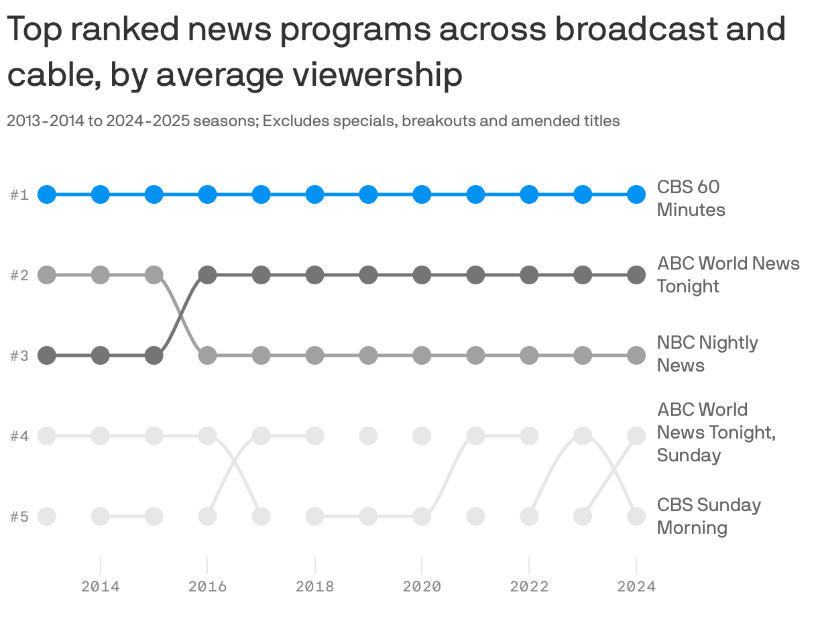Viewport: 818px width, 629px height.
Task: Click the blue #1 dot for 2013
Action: point(46,195)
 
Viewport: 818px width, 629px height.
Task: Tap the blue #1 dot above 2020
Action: point(422,195)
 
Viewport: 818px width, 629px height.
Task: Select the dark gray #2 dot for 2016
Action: point(207,275)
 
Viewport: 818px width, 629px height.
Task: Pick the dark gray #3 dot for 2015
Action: point(154,355)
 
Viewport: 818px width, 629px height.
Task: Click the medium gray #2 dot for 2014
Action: point(100,275)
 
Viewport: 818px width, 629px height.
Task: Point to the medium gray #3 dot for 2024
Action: point(636,355)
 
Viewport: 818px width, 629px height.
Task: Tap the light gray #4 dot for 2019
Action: point(368,436)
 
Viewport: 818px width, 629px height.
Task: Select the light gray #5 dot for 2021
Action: point(475,516)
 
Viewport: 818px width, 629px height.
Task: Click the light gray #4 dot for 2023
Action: point(583,436)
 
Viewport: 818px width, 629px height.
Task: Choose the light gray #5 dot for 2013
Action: point(46,516)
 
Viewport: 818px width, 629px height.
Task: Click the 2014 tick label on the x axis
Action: point(101,587)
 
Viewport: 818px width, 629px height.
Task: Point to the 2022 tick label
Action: point(529,587)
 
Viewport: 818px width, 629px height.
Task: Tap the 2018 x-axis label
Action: point(314,587)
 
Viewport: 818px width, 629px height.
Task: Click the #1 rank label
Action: point(19,195)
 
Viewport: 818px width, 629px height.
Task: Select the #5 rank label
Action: point(19,516)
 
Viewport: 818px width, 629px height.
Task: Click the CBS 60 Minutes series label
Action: point(691,198)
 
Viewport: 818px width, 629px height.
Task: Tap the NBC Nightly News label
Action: point(707,353)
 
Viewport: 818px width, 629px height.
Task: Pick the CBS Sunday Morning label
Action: point(708,516)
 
